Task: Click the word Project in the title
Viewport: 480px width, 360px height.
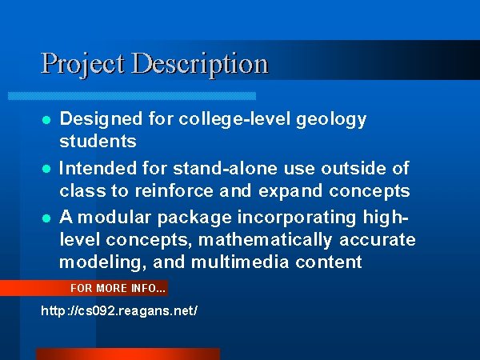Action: (x=83, y=65)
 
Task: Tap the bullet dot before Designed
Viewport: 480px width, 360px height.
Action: (x=46, y=120)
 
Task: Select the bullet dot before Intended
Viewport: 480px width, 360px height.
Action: (x=46, y=169)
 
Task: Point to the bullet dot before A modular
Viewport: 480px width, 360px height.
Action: (x=46, y=218)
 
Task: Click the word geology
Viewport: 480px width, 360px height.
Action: (x=331, y=120)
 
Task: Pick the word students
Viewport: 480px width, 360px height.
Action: (x=98, y=141)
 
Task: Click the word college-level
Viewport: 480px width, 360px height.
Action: (x=234, y=120)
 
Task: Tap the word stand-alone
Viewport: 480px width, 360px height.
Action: (x=225, y=168)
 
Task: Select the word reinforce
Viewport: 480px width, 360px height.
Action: (x=174, y=190)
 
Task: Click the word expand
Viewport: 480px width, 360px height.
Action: (x=290, y=192)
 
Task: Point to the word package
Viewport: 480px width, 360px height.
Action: (x=194, y=218)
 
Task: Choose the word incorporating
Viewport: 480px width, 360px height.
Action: (x=297, y=218)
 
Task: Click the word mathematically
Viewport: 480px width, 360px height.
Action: (x=265, y=241)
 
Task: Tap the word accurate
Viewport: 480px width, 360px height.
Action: (x=378, y=240)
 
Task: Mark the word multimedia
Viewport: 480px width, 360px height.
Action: (x=240, y=262)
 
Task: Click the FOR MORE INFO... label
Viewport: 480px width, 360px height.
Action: (x=118, y=288)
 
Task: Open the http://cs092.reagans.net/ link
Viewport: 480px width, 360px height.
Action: (x=119, y=310)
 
